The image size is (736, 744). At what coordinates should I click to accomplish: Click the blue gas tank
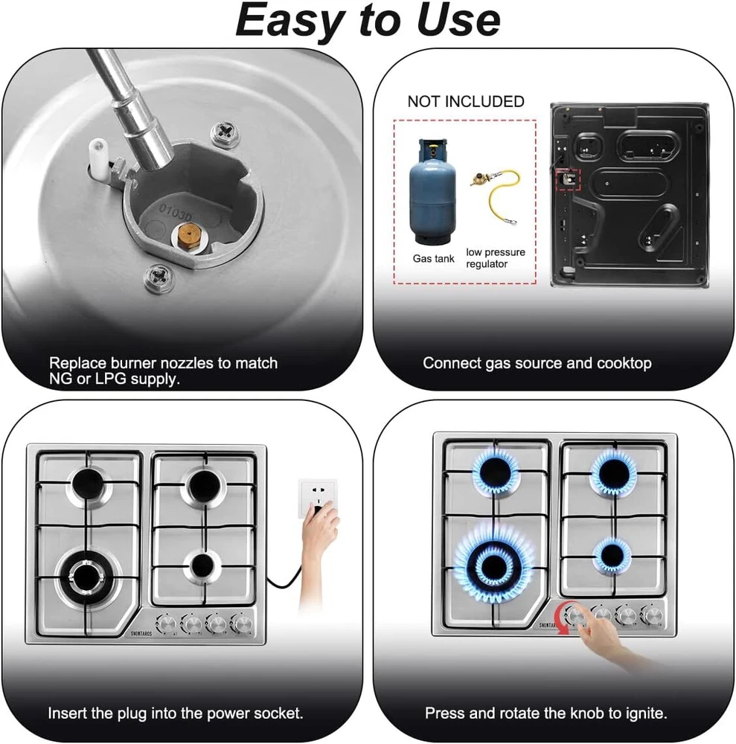432,191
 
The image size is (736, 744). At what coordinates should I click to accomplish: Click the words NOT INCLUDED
466,101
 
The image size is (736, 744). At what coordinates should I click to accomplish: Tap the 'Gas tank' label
433,259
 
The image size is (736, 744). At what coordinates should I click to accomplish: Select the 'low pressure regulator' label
496,258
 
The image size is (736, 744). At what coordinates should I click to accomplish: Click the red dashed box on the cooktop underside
569,179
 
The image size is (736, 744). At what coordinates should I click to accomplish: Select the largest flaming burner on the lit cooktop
494,565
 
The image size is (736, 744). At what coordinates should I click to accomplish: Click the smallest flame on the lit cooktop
612,556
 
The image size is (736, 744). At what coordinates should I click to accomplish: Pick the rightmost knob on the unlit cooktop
242,623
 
